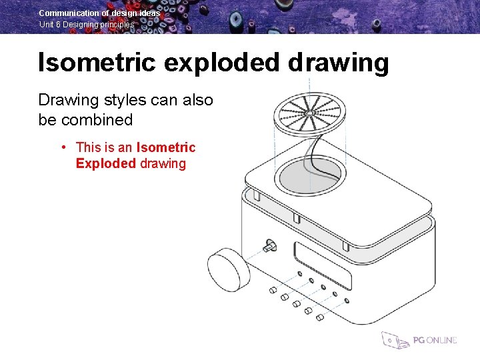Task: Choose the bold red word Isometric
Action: pos(166,147)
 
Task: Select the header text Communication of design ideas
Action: pos(99,13)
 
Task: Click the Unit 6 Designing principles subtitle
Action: pos(86,25)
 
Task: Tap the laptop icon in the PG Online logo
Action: pos(393,340)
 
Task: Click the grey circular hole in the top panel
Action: pos(309,175)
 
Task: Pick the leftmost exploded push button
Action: pos(272,290)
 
